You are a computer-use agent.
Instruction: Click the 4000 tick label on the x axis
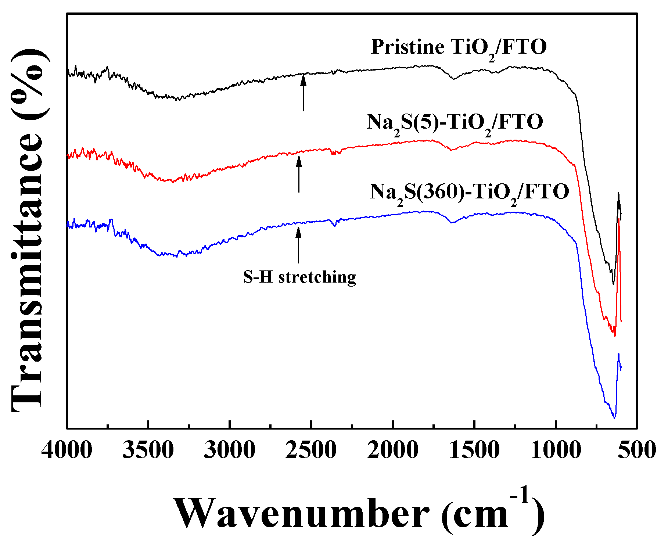coord(67,450)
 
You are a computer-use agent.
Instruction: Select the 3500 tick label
coord(148,450)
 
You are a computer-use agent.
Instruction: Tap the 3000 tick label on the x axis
coord(230,450)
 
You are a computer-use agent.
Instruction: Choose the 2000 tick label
coord(393,450)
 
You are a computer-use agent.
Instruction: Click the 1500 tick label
coord(474,450)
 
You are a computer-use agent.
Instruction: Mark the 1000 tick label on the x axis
coord(556,450)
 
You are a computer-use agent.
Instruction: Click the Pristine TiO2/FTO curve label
coord(459,48)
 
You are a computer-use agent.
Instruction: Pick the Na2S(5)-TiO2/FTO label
coord(455,123)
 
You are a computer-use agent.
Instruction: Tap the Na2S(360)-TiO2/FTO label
coord(469,193)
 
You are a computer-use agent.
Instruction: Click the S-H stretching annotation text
coord(299,277)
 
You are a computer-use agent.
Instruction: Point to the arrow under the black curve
coord(303,92)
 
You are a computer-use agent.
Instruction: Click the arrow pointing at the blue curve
coord(298,245)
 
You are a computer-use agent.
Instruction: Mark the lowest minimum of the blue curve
coord(614,417)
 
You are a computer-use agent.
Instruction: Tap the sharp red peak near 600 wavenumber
coord(619,220)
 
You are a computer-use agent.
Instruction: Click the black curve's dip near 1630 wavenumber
coord(454,78)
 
